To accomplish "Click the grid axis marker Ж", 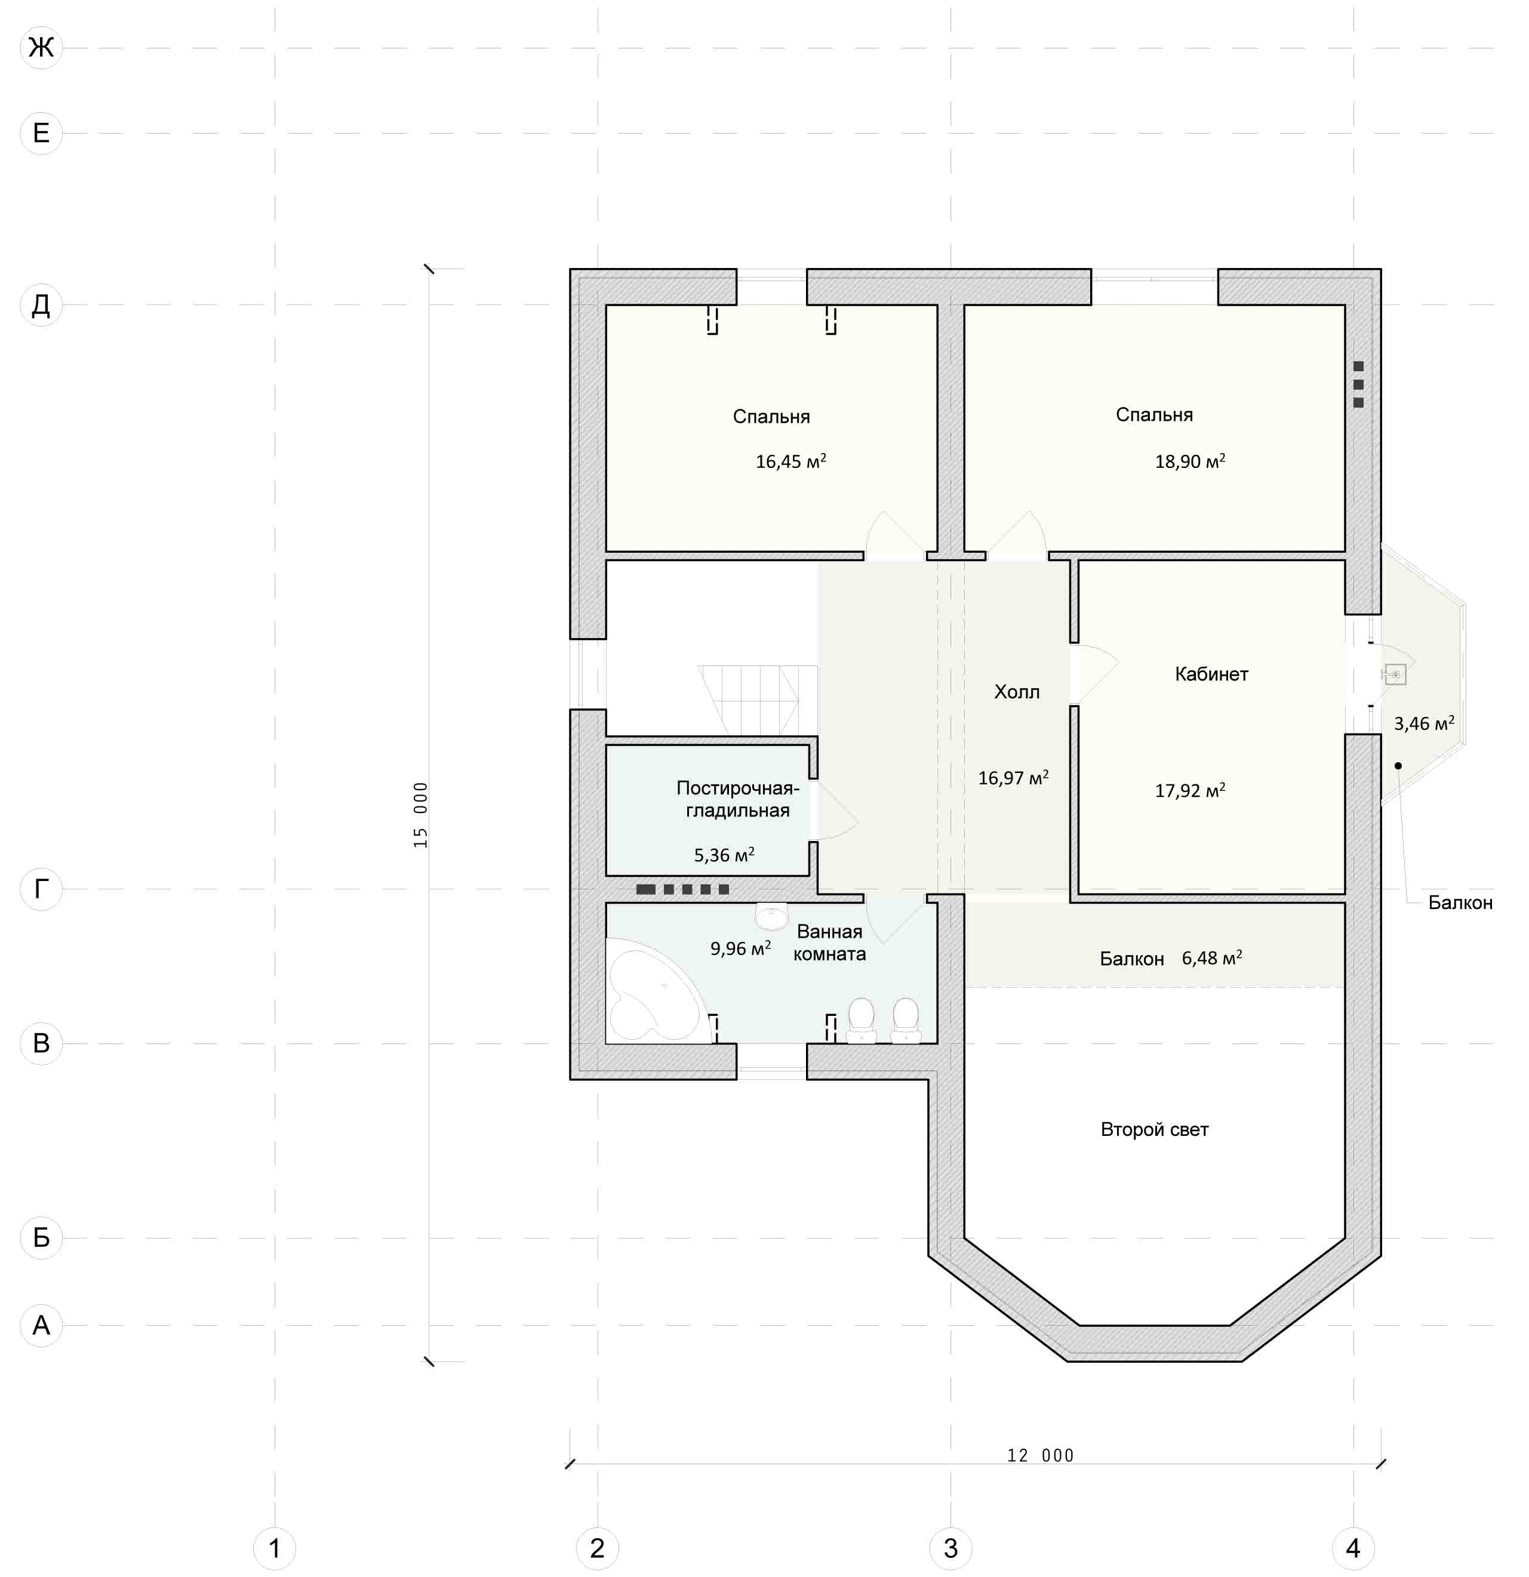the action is click(41, 48).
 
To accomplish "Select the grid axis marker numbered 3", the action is click(950, 1548).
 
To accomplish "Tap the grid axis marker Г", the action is click(41, 889).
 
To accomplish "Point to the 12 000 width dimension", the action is click(1041, 1455).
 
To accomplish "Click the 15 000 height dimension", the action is click(421, 814).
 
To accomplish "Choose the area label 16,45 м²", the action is click(791, 461).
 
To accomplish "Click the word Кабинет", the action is click(1211, 674).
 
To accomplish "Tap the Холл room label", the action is click(1016, 692).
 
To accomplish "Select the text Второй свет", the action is click(1154, 1130).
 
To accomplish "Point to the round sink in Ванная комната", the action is click(772, 916).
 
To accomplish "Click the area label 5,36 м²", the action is click(724, 855).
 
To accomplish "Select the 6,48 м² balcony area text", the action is click(1212, 958).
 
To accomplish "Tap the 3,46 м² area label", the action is click(1423, 723).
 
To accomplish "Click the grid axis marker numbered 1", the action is click(275, 1548).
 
